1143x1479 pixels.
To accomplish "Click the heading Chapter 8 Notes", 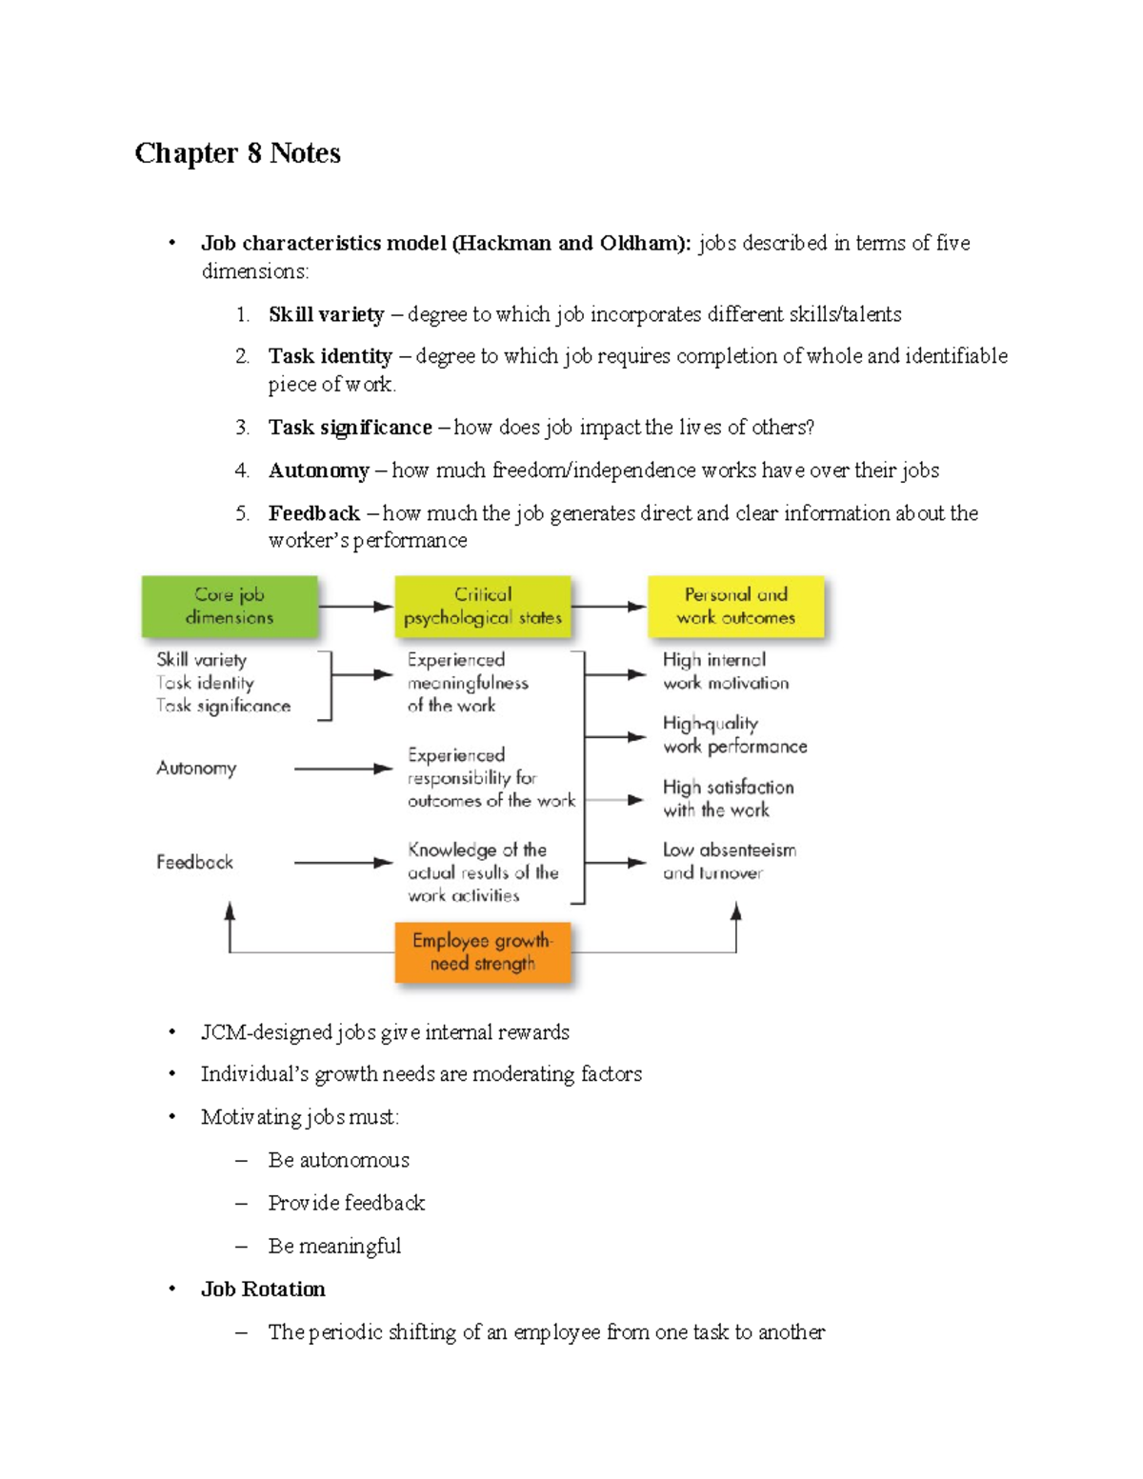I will pos(237,153).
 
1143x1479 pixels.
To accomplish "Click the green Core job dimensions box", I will pos(230,607).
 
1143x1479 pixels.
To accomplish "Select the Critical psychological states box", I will pos(483,607).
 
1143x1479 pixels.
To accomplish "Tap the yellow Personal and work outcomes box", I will pos(735,607).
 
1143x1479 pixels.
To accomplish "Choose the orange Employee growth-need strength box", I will pos(483,952).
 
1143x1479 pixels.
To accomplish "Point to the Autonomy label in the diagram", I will pos(196,769).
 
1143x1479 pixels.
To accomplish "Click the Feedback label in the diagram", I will pos(194,863).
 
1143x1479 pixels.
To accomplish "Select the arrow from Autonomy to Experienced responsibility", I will pos(343,769).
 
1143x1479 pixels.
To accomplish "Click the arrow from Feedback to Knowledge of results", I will pos(343,863).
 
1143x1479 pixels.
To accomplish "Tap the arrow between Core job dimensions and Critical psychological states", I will pos(356,607).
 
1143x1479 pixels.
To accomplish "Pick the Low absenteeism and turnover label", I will pos(730,861).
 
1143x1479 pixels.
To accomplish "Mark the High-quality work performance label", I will pos(734,735).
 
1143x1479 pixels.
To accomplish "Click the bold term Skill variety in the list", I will pos(326,315).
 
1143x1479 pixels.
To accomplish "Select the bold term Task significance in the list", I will pos(350,428).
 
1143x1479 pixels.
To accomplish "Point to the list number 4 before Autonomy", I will pos(242,470).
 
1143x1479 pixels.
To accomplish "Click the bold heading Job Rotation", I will pos(263,1289).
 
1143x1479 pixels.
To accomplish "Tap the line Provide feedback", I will pos(346,1204).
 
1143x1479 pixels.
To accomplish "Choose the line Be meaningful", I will pos(334,1247).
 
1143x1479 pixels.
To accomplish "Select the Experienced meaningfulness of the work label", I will pos(467,683).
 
